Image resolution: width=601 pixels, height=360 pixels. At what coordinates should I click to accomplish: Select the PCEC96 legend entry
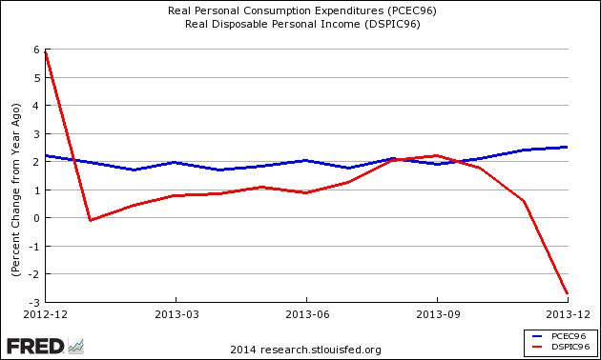(562, 336)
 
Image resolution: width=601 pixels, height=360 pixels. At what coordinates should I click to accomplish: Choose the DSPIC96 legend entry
(562, 348)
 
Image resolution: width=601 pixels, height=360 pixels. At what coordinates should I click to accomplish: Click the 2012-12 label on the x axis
(45, 313)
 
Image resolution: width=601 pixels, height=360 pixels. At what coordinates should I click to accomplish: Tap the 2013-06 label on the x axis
(307, 313)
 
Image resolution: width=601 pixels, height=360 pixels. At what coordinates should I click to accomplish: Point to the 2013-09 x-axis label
(438, 313)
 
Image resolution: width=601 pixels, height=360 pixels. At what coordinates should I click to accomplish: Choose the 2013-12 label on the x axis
(568, 313)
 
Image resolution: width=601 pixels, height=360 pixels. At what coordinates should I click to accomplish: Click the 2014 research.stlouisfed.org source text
(300, 349)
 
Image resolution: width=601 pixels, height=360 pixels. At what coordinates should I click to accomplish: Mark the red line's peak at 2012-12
(46, 50)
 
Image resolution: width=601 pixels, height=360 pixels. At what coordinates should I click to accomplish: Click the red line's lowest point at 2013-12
(568, 293)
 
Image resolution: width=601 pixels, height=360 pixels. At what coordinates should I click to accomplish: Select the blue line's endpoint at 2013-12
(568, 147)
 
